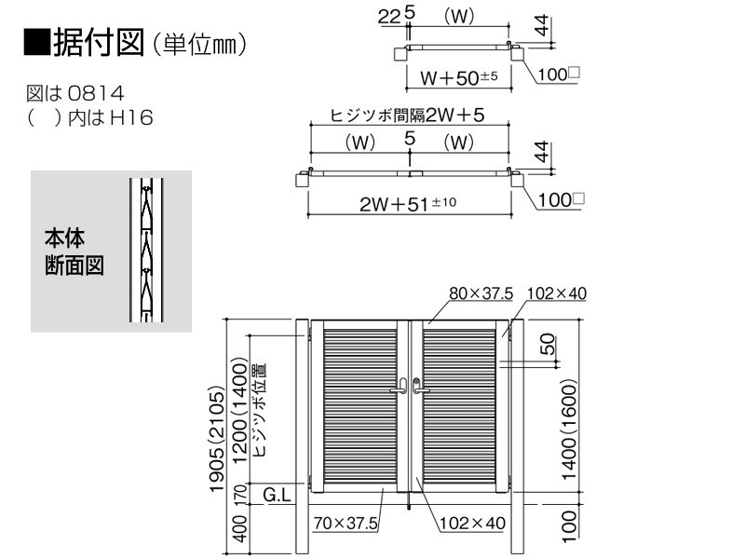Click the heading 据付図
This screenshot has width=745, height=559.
click(x=99, y=42)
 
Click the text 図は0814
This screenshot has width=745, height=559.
click(x=75, y=93)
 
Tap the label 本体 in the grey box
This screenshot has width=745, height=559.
click(x=64, y=239)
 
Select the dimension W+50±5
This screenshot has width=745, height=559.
click(x=458, y=77)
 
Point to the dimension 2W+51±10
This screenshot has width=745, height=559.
click(x=408, y=203)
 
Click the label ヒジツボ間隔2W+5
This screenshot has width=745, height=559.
click(x=407, y=115)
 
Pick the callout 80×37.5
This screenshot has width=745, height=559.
click(x=481, y=293)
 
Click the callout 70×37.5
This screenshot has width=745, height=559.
click(x=345, y=524)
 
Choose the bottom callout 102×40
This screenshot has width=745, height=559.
click(x=472, y=523)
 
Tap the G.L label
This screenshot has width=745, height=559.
click(x=277, y=496)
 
